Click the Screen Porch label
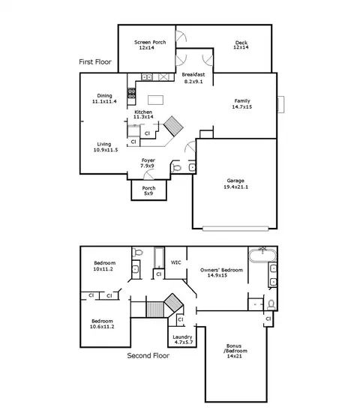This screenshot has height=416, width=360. click(150, 45)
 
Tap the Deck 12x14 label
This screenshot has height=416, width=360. click(241, 45)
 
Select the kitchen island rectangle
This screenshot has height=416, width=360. click(155, 100)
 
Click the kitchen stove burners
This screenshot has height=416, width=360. click(131, 93)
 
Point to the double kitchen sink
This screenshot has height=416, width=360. click(146, 77)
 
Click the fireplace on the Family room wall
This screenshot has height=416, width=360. click(280, 104)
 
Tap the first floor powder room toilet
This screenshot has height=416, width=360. click(176, 167)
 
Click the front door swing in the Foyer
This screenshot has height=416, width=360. click(148, 175)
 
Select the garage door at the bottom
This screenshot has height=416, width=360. click(235, 229)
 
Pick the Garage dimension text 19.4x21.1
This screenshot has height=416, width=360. click(235, 187)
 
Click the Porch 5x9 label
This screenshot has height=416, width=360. click(148, 190)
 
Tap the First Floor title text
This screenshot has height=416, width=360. click(95, 61)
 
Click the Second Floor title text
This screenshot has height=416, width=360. click(148, 355)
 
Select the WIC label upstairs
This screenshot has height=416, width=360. click(175, 262)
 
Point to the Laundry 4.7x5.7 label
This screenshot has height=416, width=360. click(182, 340)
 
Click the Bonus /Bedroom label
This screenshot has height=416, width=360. click(235, 351)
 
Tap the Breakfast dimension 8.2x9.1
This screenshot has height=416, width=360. click(193, 82)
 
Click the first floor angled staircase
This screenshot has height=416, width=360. click(173, 126)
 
